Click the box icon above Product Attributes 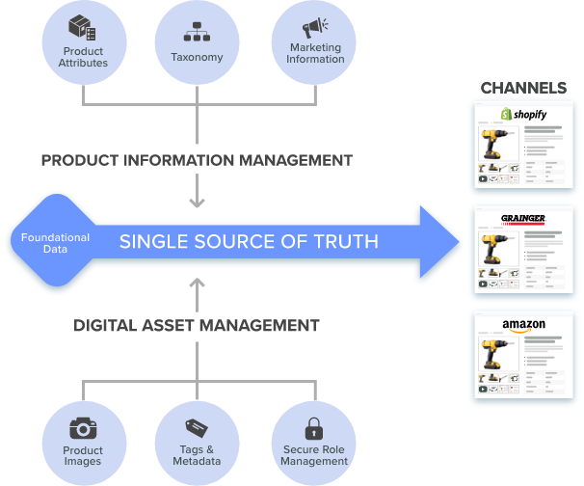pos(82,27)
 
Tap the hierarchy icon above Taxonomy pos(197,31)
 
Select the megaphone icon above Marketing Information pos(315,28)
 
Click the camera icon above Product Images pos(83,428)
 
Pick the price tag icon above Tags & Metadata pos(197,428)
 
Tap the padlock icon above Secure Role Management pos(314,428)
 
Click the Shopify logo pos(523,114)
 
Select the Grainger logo pos(523,219)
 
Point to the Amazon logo pos(523,325)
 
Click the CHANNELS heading pos(523,88)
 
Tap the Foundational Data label pos(55,243)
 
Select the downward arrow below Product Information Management pos(197,191)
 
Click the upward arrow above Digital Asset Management pos(197,295)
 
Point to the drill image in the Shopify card pos(497,144)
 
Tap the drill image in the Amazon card pos(497,354)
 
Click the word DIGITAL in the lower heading pos(105,325)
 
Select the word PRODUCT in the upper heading pos(80,160)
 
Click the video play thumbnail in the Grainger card pos(483,284)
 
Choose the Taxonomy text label pos(197,57)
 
